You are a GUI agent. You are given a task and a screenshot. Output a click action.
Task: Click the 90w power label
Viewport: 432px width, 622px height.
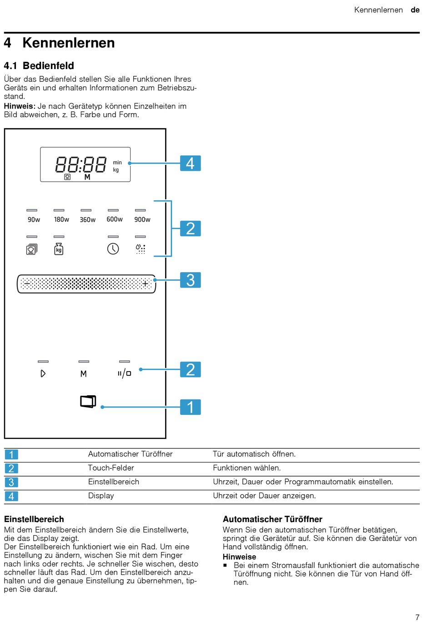click(34, 220)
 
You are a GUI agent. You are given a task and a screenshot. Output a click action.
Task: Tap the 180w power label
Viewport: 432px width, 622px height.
click(61, 219)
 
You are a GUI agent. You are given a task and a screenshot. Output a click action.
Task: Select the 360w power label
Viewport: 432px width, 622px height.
click(88, 220)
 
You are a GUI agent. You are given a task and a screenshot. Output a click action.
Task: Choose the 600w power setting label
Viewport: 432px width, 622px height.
click(115, 219)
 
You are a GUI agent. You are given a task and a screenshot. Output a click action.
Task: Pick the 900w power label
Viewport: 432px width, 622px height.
click(142, 219)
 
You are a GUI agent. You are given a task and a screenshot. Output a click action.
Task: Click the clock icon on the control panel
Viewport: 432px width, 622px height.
click(113, 249)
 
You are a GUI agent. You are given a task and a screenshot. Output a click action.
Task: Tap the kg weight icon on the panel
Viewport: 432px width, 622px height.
click(59, 249)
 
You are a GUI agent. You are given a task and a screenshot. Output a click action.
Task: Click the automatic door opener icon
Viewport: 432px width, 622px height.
click(88, 401)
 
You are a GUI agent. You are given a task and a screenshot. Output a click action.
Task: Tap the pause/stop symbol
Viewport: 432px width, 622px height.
click(124, 373)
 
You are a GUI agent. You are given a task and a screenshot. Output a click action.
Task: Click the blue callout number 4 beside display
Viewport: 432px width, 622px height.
click(190, 163)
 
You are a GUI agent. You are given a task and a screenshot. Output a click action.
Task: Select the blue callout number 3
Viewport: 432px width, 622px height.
click(190, 280)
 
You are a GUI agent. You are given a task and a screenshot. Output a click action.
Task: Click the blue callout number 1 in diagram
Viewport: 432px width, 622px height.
click(190, 407)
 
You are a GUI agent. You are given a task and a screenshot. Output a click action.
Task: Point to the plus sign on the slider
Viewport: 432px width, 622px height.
click(146, 284)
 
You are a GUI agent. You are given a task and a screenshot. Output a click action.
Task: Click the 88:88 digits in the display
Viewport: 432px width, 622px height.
click(81, 164)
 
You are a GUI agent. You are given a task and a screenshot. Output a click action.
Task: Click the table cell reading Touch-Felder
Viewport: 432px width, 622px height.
click(111, 468)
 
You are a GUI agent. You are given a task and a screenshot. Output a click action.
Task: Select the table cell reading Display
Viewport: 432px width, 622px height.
click(101, 496)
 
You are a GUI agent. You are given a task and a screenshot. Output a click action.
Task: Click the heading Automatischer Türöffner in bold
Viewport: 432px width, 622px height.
click(272, 519)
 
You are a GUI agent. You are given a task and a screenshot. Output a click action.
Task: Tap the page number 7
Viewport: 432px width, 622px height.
click(417, 617)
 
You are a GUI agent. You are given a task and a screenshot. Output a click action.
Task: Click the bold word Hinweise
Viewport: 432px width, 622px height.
click(239, 557)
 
